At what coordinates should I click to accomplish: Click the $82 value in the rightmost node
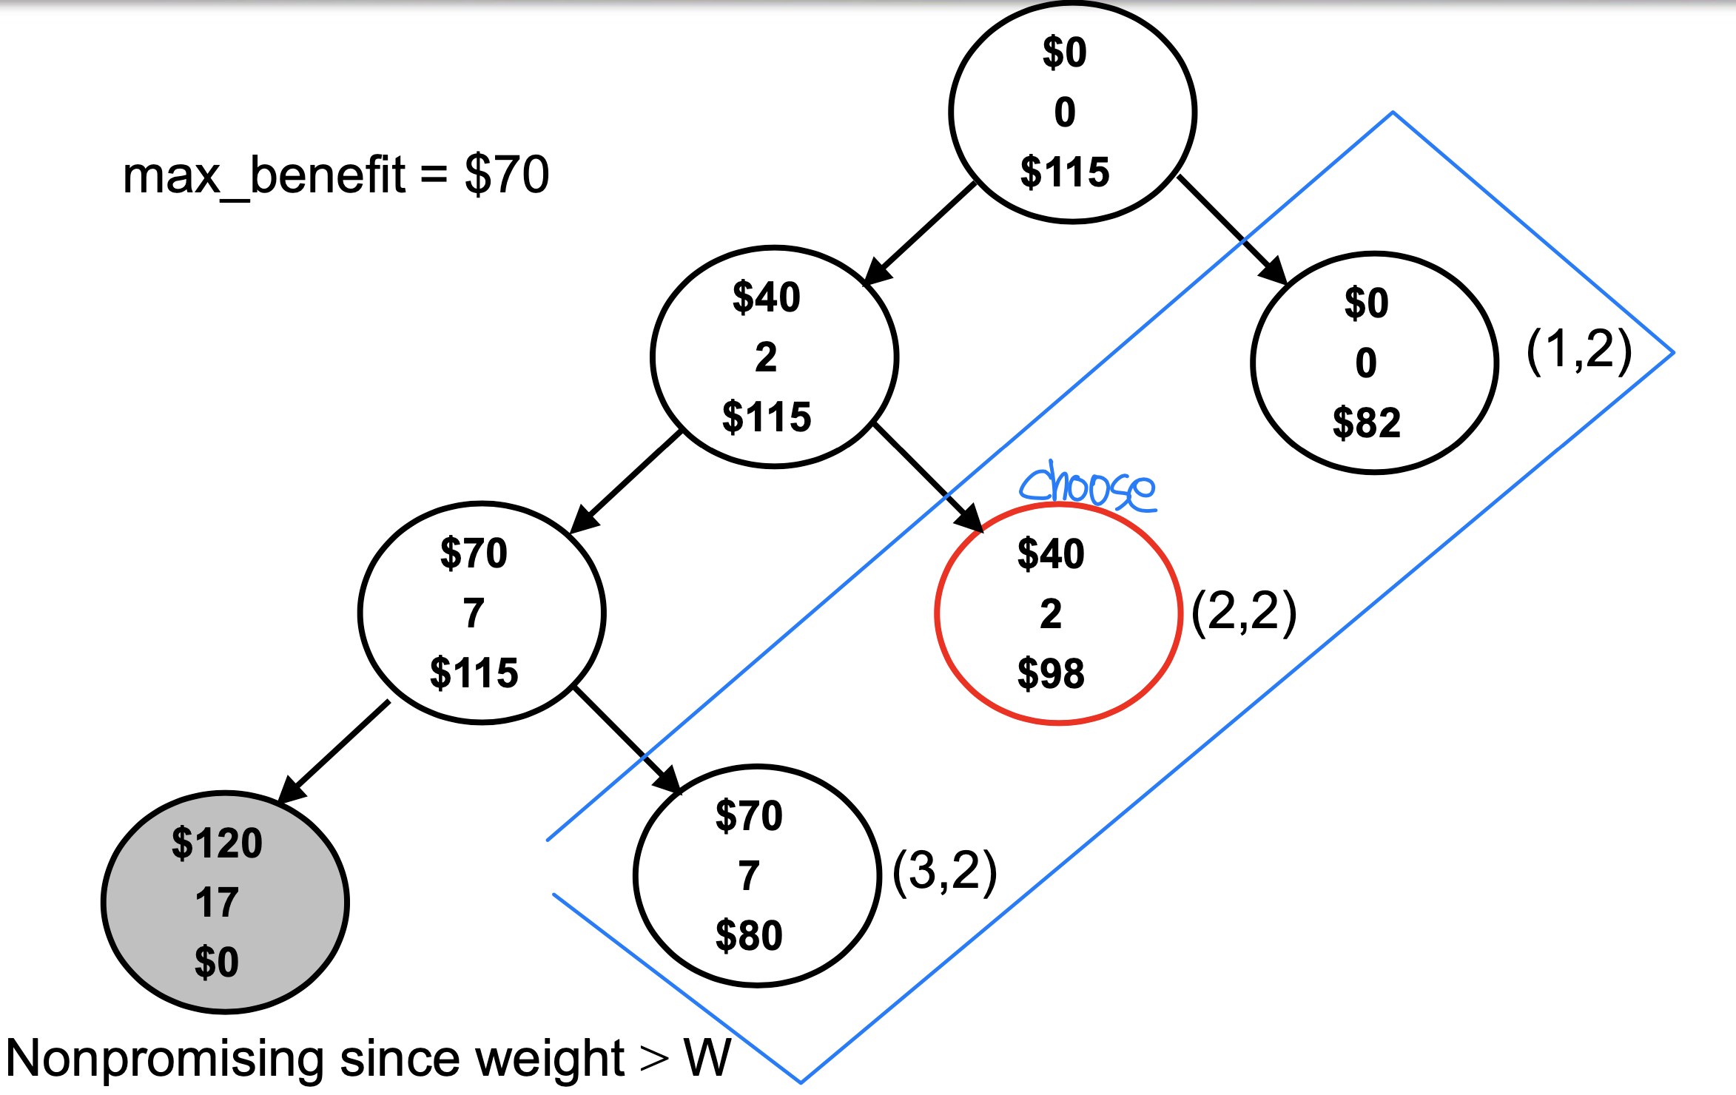click(x=1366, y=423)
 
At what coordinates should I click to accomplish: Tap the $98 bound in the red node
click(x=1051, y=674)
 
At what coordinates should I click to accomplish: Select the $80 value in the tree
click(x=749, y=936)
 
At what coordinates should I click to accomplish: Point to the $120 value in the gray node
click(x=217, y=843)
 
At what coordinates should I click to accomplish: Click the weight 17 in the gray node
click(x=217, y=903)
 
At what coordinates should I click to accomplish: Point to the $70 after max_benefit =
click(x=507, y=175)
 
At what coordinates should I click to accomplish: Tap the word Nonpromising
click(x=164, y=1058)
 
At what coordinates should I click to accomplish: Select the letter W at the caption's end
click(x=707, y=1058)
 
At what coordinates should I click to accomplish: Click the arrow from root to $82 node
click(x=1232, y=229)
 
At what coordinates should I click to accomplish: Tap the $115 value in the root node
click(x=1065, y=172)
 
